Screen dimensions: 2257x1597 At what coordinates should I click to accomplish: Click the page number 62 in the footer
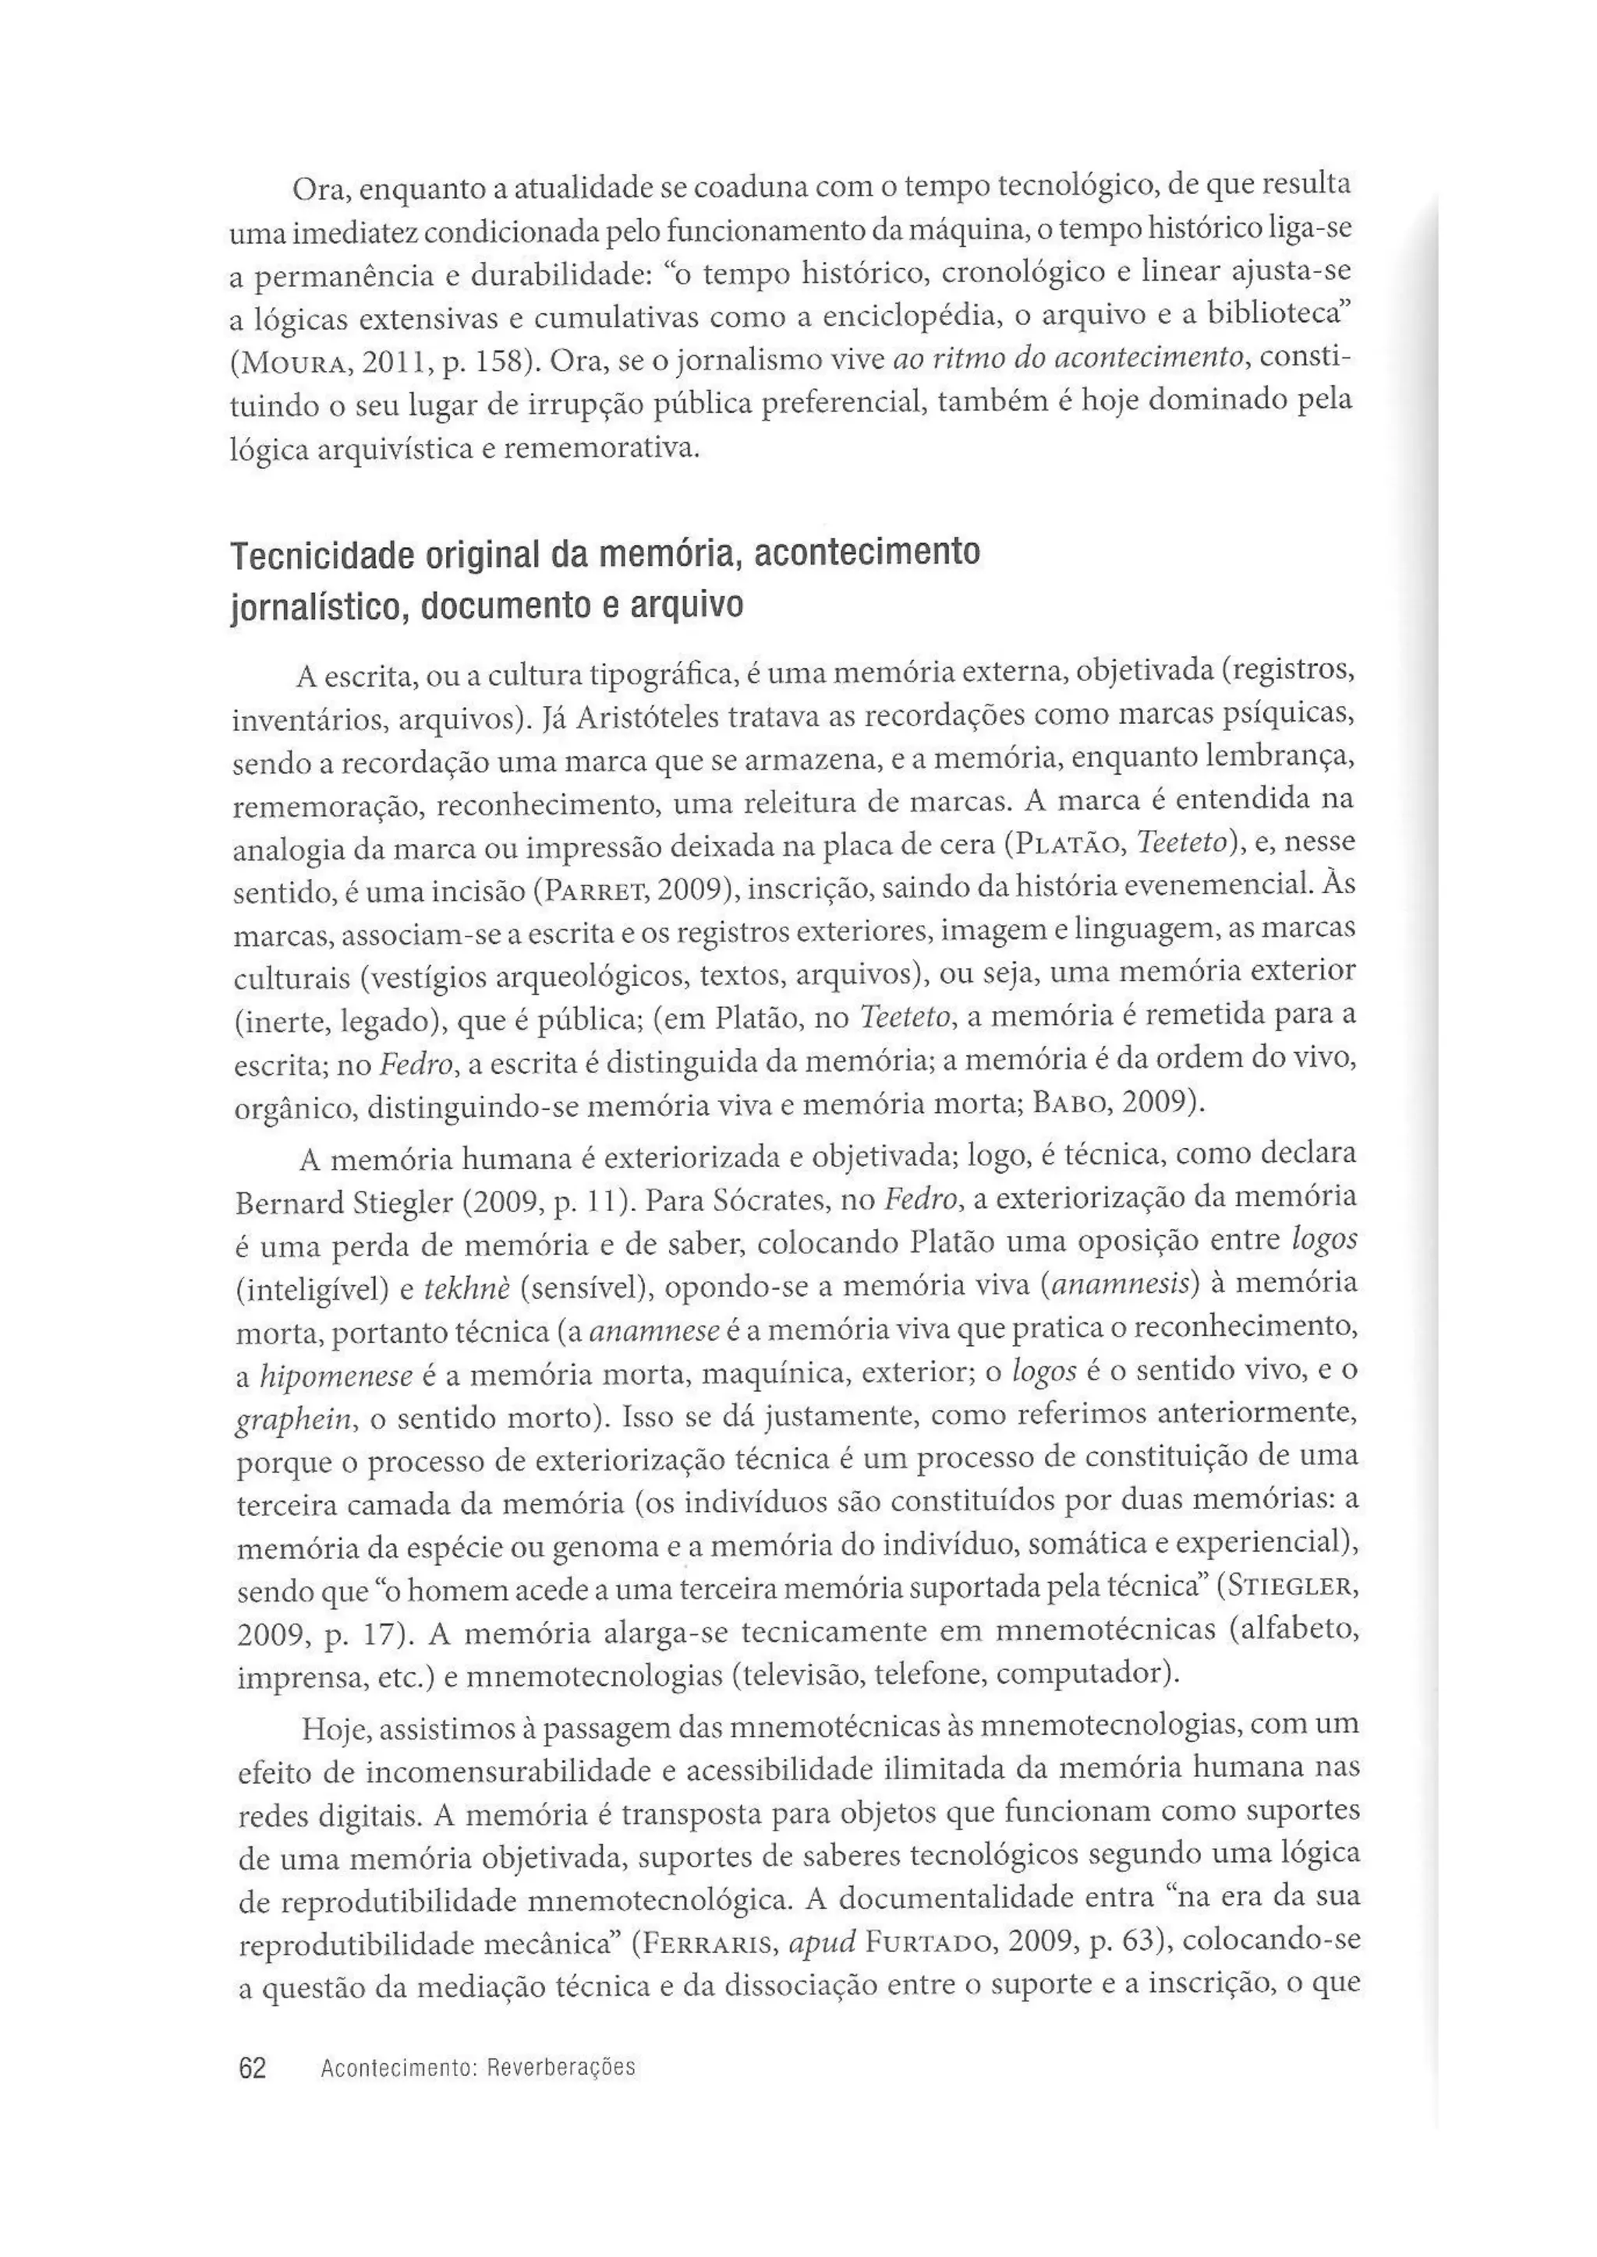(x=253, y=2068)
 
